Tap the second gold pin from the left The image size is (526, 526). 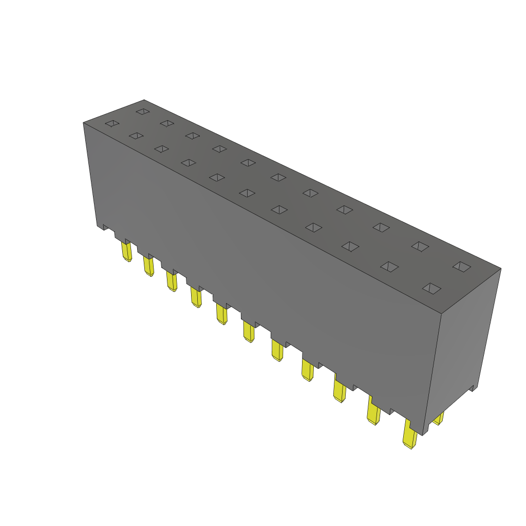click(148, 266)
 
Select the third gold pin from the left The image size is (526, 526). click(172, 281)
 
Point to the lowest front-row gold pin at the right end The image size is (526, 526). click(410, 436)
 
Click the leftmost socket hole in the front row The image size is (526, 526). click(112, 123)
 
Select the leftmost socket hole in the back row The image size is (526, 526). click(142, 111)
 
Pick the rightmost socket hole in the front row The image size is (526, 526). click(431, 288)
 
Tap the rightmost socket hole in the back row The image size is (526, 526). click(461, 266)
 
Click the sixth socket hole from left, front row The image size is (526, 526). click(247, 193)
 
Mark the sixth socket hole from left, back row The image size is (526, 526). click(278, 177)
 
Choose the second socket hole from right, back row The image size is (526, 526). click(420, 247)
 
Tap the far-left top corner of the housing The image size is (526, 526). click(84, 123)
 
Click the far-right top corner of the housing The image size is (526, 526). click(500, 268)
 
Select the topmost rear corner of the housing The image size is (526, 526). click(144, 100)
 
